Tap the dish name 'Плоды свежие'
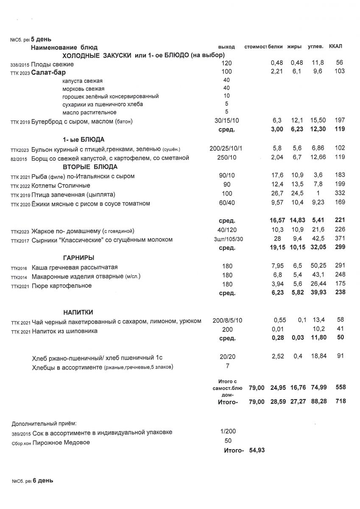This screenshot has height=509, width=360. pos(53,64)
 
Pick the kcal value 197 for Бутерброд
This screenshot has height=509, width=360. pos(339,121)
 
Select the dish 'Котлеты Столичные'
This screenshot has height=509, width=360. pos(61,185)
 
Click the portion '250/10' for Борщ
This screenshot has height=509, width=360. pos(226,158)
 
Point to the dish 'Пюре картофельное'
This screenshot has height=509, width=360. pos(62,285)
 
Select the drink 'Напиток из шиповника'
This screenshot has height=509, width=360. pos(65,331)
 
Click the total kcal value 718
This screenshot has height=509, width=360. pos(340,401)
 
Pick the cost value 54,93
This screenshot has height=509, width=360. pos(256,450)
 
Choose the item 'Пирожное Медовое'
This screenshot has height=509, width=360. pos(61,442)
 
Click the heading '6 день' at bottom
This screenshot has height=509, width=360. pos(42,481)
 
